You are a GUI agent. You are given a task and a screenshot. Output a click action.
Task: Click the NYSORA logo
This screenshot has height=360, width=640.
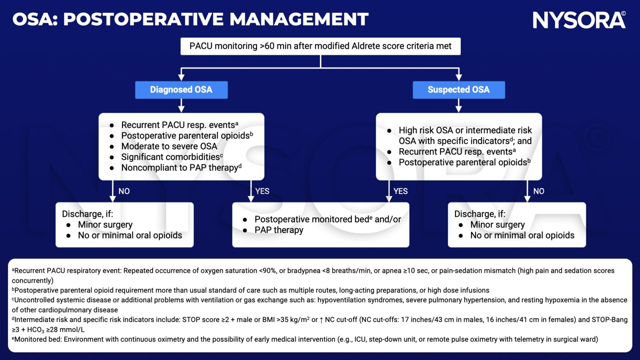coord(578,20)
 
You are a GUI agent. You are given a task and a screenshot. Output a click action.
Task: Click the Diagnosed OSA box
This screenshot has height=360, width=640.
coord(181,90)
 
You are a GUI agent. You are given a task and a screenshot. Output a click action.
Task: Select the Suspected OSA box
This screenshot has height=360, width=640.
coord(458,90)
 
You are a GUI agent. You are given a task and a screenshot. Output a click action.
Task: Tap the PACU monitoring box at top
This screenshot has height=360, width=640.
coord(320,46)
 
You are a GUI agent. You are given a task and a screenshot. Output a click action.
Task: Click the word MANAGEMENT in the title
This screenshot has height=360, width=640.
coord(299,19)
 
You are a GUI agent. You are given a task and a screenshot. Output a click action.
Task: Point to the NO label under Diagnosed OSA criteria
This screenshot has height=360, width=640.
coord(124,191)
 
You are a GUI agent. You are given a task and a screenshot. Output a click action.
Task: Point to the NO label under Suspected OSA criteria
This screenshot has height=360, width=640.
coord(538,191)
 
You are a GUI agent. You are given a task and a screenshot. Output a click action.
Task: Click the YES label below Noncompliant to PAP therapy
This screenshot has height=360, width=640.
coord(262,191)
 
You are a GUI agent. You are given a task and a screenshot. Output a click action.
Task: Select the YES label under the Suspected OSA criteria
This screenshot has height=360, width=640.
coord(400,191)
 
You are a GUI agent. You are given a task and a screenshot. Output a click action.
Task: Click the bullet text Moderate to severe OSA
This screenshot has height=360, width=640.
coord(169,146)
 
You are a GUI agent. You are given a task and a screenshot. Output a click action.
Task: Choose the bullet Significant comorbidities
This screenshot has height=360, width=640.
coord(172,157)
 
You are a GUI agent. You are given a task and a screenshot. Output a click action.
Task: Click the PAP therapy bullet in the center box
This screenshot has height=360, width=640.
coord(279,230)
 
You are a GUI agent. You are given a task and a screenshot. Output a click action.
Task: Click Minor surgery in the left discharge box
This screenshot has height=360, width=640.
coord(105,225)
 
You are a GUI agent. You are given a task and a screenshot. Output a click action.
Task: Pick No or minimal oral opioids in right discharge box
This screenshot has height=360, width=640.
coord(522,235)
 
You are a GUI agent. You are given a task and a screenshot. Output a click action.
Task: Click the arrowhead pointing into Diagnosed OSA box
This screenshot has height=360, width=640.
coord(181,77)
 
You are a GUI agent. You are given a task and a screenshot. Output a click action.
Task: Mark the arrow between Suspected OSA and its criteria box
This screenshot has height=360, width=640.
coord(458,105)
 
